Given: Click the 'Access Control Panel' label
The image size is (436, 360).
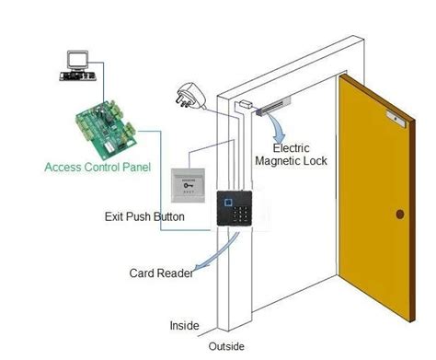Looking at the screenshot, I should [x=92, y=168].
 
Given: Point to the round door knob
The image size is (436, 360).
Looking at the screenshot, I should [x=399, y=214].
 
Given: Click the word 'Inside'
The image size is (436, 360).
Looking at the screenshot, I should [x=184, y=325].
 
